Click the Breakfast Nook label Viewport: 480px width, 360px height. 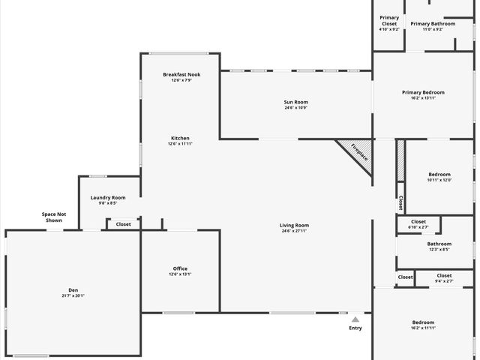(x=181, y=74)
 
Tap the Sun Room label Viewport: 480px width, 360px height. (x=295, y=102)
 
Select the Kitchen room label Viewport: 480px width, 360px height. (x=180, y=138)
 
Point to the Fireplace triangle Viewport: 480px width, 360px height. (x=359, y=153)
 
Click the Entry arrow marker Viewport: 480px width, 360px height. (x=355, y=319)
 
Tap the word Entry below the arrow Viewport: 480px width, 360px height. (x=355, y=328)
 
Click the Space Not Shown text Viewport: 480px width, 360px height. (x=54, y=217)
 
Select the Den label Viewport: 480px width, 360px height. (x=73, y=289)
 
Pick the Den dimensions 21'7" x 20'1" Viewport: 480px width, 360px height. (x=73, y=295)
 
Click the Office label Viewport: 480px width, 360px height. (x=180, y=268)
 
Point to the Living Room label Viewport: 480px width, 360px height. (x=295, y=225)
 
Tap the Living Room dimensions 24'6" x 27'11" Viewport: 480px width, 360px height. (x=295, y=231)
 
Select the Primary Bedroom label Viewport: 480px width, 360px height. (x=423, y=92)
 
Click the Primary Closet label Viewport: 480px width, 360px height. (x=389, y=20)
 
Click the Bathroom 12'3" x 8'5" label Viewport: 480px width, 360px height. (x=439, y=244)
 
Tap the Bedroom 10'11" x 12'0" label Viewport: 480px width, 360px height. (x=439, y=174)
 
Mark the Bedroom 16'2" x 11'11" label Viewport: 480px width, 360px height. (x=423, y=322)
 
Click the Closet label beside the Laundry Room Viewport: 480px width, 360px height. (x=123, y=223)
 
